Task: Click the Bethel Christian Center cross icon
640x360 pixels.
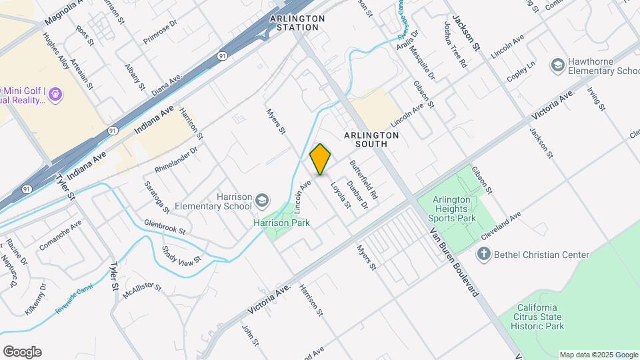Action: (x=484, y=254)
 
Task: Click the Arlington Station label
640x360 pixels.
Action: (x=297, y=23)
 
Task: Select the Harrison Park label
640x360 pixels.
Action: (x=281, y=223)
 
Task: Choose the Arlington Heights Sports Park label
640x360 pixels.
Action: (x=454, y=209)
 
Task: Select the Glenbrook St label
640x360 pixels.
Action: (x=164, y=227)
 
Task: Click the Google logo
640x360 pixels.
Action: (x=22, y=352)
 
